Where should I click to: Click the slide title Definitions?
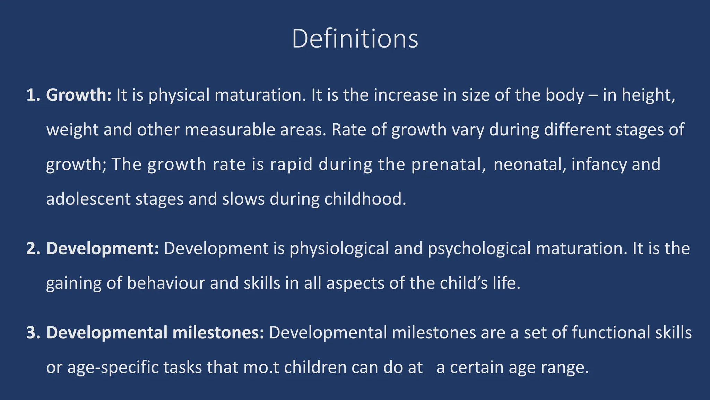pyautogui.click(x=355, y=39)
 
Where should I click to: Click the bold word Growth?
pyautogui.click(x=79, y=95)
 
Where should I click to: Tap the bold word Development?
pyautogui.click(x=102, y=249)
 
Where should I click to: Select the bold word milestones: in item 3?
pyautogui.click(x=218, y=333)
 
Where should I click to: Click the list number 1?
pyautogui.click(x=33, y=95)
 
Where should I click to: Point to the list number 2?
pyautogui.click(x=33, y=249)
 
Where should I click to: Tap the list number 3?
pyautogui.click(x=33, y=333)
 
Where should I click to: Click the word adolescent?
pyautogui.click(x=88, y=199)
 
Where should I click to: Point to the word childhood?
pyautogui.click(x=365, y=199)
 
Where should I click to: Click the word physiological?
pyautogui.click(x=339, y=249)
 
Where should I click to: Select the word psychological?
pyautogui.click(x=479, y=249)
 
